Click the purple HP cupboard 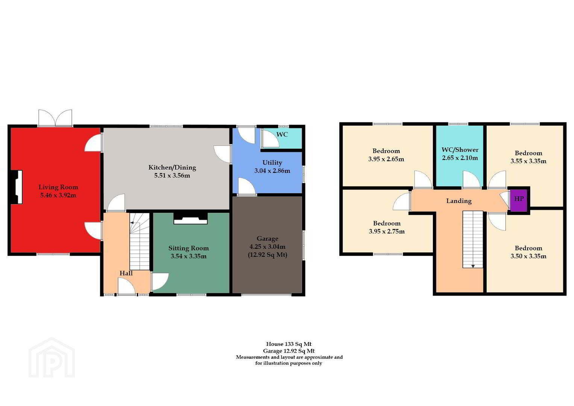[519, 200]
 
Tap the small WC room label [282, 135]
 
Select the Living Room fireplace [17, 187]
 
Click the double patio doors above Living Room [55, 118]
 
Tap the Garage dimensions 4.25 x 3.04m [267, 247]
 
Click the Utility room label [272, 163]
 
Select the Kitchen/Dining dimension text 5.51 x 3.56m [172, 176]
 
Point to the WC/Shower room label [460, 150]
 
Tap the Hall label [126, 273]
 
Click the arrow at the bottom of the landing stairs [473, 266]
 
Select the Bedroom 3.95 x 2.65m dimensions [386, 159]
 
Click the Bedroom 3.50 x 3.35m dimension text [528, 256]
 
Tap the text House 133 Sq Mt [289, 344]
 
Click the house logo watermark [52, 358]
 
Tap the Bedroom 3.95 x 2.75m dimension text [387, 232]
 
